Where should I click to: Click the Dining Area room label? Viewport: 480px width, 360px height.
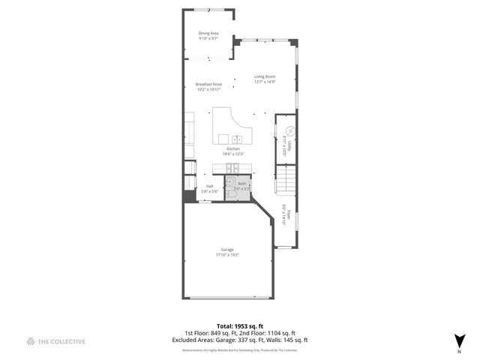208,33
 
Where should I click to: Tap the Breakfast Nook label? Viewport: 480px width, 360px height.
208,84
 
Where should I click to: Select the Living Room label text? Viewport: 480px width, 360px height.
265,76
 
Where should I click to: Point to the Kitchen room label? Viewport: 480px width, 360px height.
233,149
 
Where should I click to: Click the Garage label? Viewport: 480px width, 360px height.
226,250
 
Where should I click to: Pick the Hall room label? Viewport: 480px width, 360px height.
209,187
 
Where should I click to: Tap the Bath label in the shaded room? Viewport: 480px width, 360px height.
242,183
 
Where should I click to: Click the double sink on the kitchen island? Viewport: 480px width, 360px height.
238,139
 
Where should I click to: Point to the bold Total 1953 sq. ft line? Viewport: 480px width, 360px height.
240,326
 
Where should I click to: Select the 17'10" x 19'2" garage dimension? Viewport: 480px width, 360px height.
226,255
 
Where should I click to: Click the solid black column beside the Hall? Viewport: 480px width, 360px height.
189,197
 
